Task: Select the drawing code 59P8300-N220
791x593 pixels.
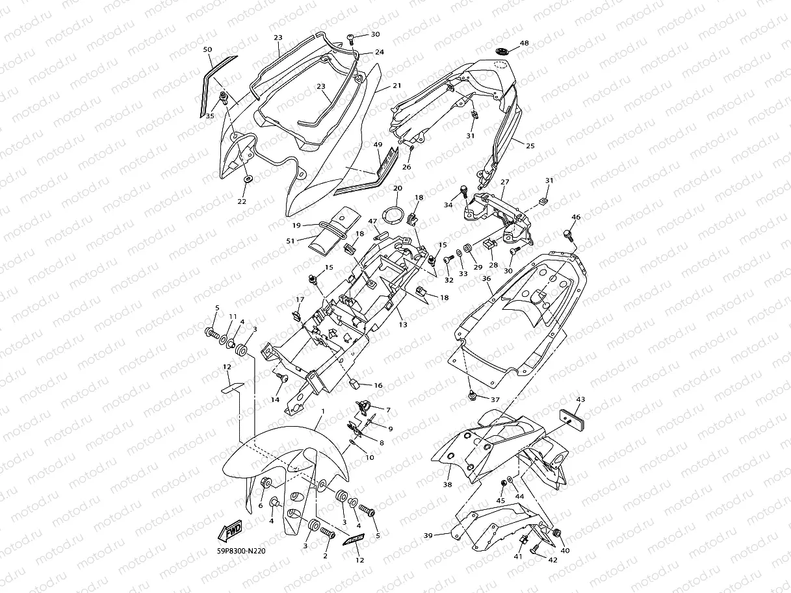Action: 241,551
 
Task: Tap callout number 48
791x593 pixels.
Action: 524,44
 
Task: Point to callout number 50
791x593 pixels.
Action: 207,49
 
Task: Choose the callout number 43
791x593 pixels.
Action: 580,399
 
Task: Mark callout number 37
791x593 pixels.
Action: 495,399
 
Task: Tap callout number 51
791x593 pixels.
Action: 290,241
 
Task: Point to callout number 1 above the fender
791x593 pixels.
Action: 322,412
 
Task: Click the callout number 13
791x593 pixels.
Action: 403,325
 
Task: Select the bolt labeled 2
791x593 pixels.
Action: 326,533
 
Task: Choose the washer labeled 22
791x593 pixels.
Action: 248,179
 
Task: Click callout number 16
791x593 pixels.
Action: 378,385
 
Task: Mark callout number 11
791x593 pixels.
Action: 232,316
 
